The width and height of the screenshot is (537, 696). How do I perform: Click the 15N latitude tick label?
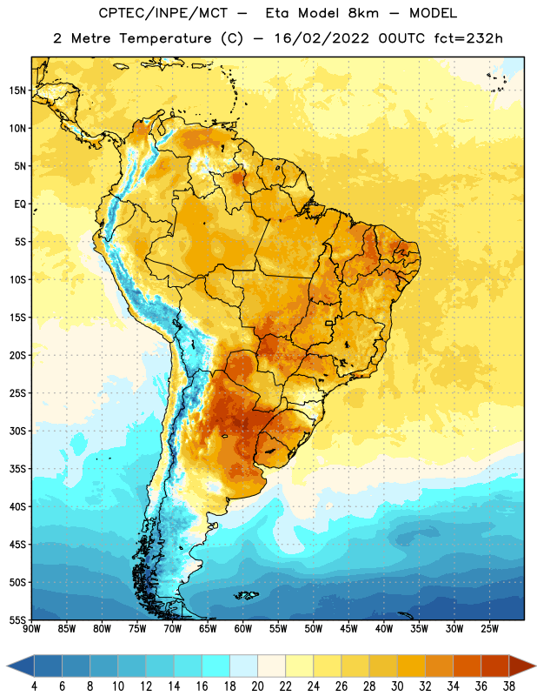click(x=17, y=90)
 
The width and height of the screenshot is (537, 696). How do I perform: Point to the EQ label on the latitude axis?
click(x=20, y=204)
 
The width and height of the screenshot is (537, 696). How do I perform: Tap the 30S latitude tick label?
click(x=17, y=431)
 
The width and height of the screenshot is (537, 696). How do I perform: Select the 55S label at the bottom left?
click(x=17, y=619)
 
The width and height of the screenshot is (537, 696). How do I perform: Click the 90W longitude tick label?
click(x=32, y=629)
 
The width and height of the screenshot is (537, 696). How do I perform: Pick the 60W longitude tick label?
click(x=243, y=629)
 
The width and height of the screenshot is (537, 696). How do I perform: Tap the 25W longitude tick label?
click(x=489, y=629)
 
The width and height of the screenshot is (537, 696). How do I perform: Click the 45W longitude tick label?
click(x=348, y=629)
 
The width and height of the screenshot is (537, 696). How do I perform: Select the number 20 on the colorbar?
click(x=257, y=686)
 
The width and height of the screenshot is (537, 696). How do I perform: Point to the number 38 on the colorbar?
click(x=509, y=686)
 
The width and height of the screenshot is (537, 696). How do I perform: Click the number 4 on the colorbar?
click(x=34, y=686)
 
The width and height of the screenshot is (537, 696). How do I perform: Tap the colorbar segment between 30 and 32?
click(x=411, y=666)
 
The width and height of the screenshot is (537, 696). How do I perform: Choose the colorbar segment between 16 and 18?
click(x=216, y=666)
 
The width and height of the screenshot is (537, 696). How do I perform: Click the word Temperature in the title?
click(x=165, y=38)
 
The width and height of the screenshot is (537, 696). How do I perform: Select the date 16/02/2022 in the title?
click(x=322, y=38)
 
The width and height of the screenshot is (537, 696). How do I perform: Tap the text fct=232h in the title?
click(x=468, y=38)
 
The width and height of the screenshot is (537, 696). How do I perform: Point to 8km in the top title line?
click(x=363, y=13)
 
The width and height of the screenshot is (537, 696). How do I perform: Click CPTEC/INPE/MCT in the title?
click(x=162, y=13)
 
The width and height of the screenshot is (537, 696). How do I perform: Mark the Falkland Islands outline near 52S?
click(x=246, y=595)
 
